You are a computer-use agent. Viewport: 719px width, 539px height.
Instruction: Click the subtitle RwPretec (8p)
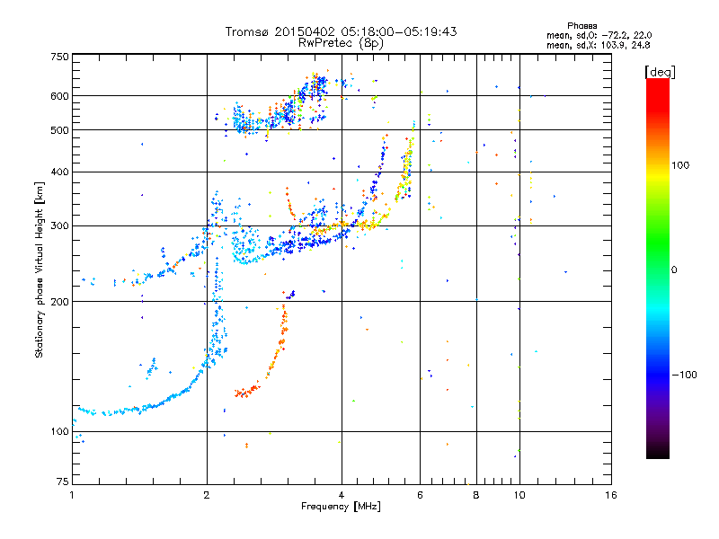coord(341,43)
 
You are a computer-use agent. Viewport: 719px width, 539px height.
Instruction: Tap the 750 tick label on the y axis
coord(60,57)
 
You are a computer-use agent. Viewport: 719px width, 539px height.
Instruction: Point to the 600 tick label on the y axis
coord(60,96)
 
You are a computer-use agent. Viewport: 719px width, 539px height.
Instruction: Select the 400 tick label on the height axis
coord(60,172)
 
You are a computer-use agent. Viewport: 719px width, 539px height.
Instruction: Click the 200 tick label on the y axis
coord(60,302)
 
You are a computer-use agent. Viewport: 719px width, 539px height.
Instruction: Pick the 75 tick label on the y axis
coord(63,482)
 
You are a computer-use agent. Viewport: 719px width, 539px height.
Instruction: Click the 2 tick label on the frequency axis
coord(207,495)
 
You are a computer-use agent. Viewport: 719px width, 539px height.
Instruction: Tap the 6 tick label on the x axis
coord(420,495)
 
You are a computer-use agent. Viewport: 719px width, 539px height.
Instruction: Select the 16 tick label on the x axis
coord(611,495)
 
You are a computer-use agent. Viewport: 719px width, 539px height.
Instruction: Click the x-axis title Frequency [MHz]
coord(341,507)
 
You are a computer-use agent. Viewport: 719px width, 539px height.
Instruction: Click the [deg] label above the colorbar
coord(660,72)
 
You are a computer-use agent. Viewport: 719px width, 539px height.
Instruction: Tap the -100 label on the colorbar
coord(684,375)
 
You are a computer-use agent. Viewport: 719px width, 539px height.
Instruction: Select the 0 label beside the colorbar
coord(674,270)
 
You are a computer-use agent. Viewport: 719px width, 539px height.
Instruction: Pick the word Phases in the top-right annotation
coord(581,26)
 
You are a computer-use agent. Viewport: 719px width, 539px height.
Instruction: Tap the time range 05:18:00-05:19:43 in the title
coord(398,31)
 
